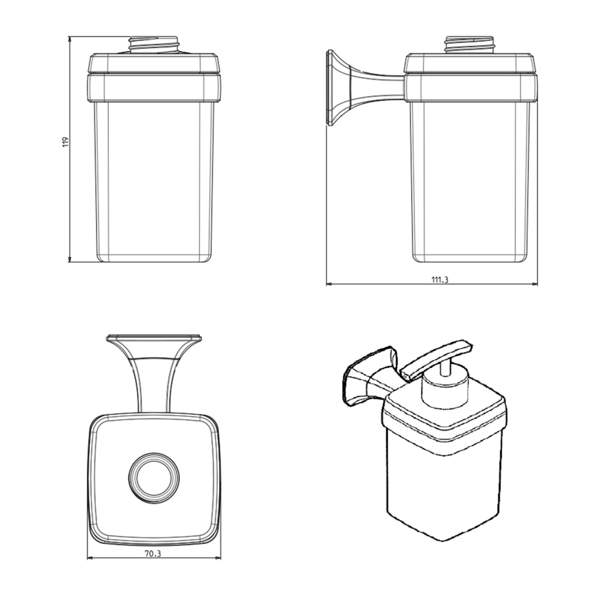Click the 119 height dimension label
tap(65, 142)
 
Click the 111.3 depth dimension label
tap(440, 280)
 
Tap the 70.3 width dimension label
tap(153, 554)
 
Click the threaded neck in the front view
tap(153, 45)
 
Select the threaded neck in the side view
tap(470, 45)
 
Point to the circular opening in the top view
tap(153, 478)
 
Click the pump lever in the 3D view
tap(436, 360)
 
